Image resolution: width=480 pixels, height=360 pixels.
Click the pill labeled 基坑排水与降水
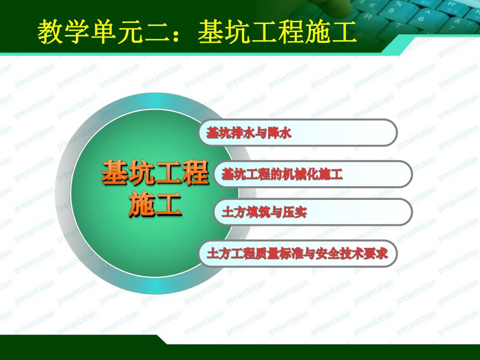(297, 133)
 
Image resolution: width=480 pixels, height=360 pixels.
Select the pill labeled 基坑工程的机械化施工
(313, 174)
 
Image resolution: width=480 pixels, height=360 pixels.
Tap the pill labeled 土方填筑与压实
(313, 212)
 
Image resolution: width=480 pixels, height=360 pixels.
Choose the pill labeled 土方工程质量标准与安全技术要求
(297, 254)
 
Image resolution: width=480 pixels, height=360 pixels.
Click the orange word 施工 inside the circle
(155, 205)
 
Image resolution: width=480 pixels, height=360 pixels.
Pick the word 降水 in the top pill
(280, 133)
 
